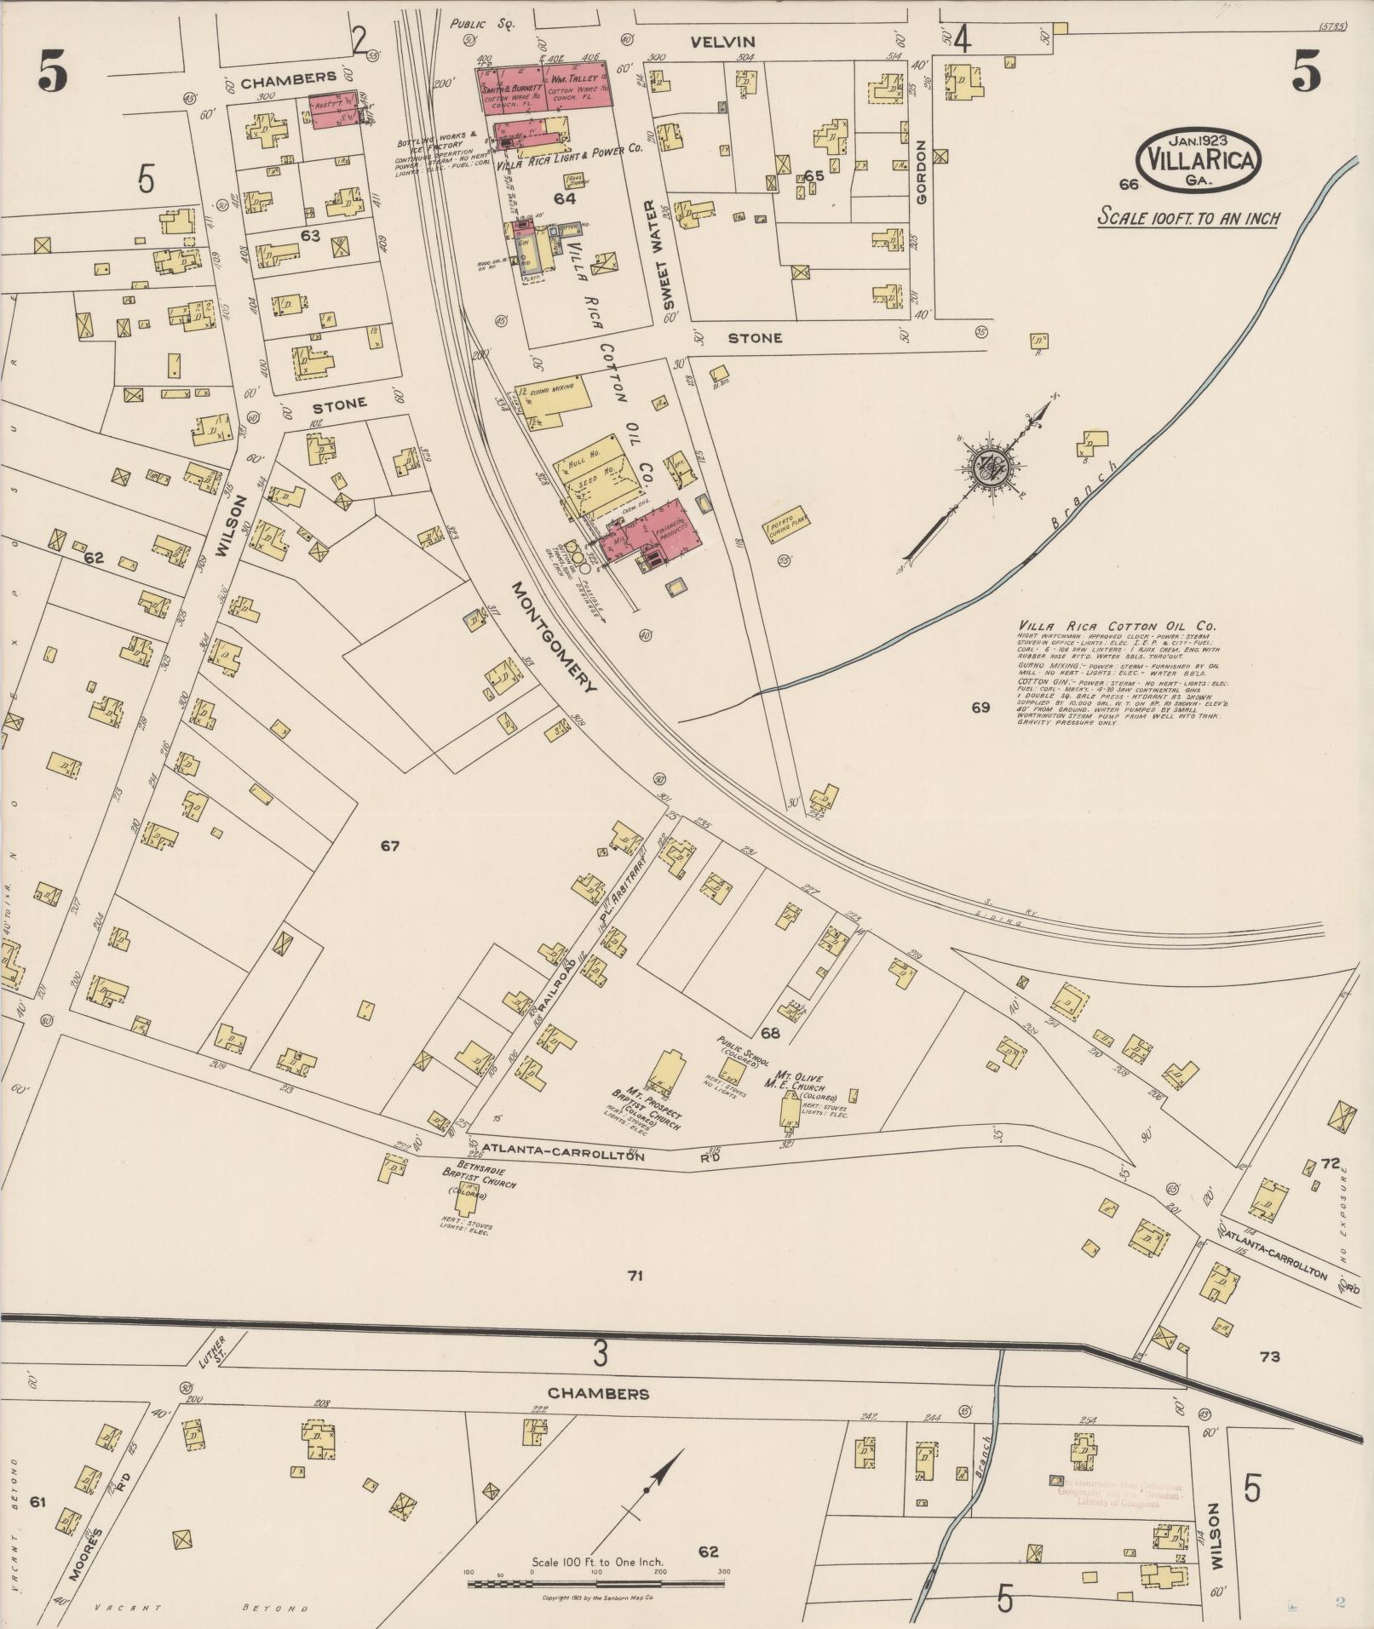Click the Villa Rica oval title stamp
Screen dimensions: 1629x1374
[1199, 160]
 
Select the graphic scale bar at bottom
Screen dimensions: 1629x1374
[595, 1584]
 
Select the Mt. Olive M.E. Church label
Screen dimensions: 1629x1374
[796, 1081]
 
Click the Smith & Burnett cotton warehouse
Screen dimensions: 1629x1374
[509, 88]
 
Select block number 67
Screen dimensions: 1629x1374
[390, 846]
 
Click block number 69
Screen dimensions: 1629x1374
[980, 707]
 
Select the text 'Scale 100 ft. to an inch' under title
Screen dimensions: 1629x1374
[1187, 218]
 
